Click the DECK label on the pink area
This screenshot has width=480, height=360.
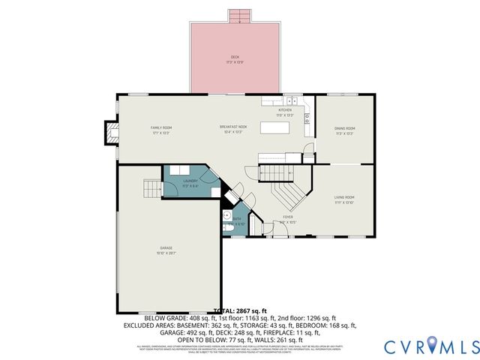point(235,58)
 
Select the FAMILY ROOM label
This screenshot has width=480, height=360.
point(161,128)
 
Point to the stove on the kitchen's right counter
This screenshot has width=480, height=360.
point(307,116)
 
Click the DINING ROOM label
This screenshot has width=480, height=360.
point(344,129)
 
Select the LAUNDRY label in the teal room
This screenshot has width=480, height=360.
point(190,181)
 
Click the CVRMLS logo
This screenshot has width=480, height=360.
point(431,346)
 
